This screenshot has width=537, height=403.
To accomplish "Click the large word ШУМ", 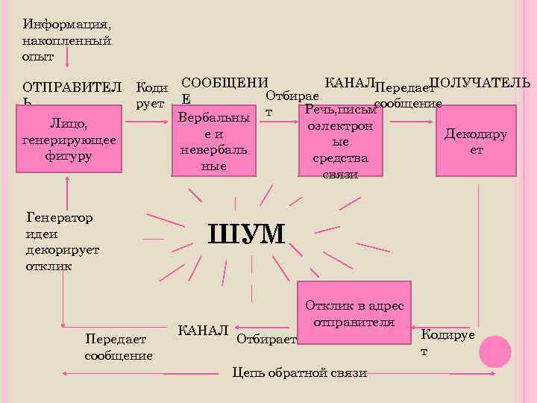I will coord(248,234).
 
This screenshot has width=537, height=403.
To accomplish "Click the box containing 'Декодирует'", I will coord(476,141).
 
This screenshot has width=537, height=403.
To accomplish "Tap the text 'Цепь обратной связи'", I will coord(300,372).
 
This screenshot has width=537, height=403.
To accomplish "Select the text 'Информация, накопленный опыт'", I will coord(67,39).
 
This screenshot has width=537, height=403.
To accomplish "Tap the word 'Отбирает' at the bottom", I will coord(266,340).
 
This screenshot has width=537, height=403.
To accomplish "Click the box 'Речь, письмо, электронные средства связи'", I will coord(341,142).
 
